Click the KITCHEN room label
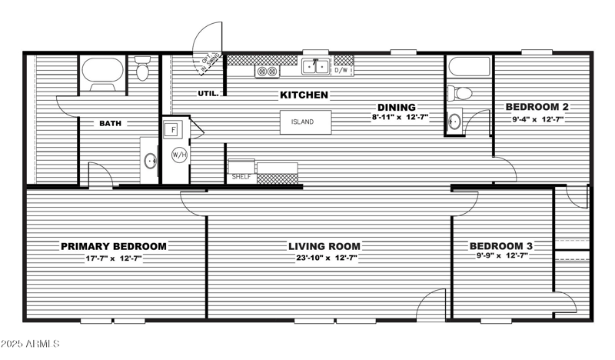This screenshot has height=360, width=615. point(304,95)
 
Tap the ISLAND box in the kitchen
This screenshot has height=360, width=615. point(305,122)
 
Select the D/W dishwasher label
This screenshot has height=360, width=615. point(342,70)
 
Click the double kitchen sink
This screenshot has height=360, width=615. point(315,68)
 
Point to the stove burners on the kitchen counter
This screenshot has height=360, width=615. point(266,71)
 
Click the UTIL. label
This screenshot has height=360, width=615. point(208,94)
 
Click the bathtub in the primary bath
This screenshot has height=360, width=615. point(103,72)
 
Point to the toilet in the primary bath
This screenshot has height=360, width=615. point(142,71)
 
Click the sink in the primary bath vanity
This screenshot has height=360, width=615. point(151,161)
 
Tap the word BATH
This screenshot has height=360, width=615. point(110,123)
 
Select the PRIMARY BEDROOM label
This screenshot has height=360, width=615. point(114,246)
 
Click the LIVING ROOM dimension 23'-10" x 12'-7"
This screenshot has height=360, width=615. point(324,258)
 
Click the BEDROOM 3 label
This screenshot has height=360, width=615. point(501,246)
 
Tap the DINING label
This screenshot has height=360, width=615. point(396,107)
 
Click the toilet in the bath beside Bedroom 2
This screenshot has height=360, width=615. point(462,93)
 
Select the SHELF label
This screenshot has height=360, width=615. point(241,177)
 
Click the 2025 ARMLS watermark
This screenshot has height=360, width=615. point(31,343)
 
